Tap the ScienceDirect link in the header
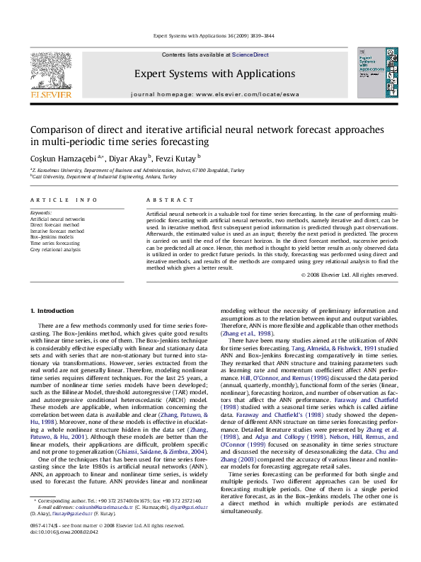248,55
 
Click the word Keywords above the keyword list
42,212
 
